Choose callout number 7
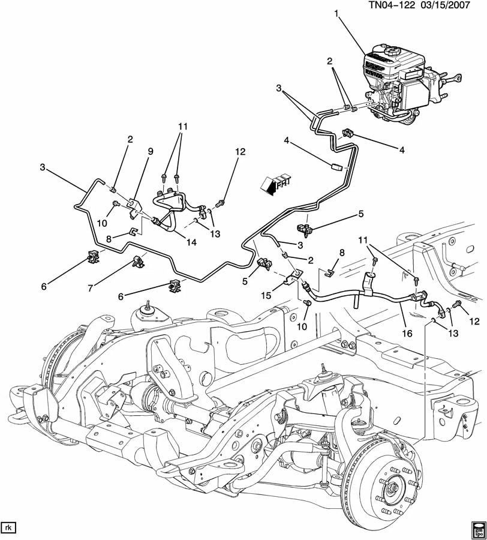90,288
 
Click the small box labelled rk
8,527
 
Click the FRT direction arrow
276,183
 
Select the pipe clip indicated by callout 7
139,261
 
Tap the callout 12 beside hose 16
474,322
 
